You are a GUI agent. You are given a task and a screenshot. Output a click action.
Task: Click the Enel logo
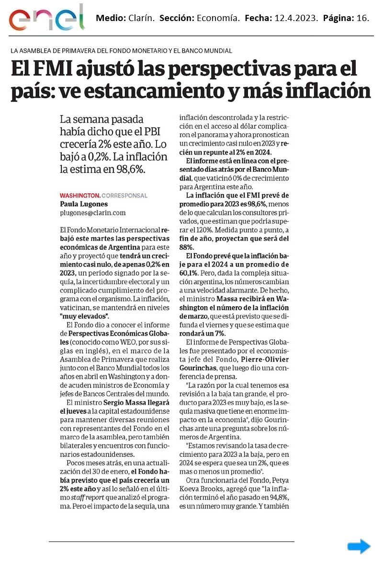pyautogui.click(x=46, y=18)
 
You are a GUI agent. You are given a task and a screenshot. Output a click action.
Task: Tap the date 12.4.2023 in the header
pyautogui.click(x=295, y=18)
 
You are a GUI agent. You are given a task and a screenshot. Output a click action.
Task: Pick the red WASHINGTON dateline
pyautogui.click(x=79, y=196)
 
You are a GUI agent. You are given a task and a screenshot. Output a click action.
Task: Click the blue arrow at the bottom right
pyautogui.click(x=359, y=546)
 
